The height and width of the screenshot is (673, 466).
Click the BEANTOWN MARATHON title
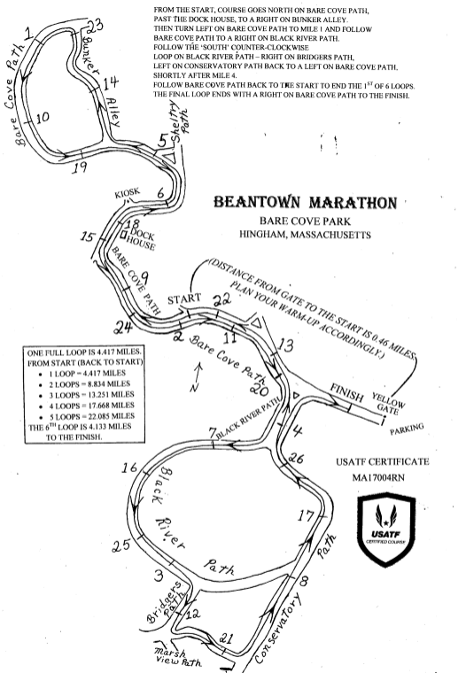tap(306, 202)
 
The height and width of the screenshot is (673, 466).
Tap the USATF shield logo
tap(386, 529)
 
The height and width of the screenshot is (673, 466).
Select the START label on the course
tap(184, 298)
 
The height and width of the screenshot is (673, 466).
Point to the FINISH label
tap(346, 392)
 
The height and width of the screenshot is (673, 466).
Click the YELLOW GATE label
tap(388, 404)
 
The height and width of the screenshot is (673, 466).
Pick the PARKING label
tap(407, 429)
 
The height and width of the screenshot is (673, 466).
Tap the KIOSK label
tap(127, 193)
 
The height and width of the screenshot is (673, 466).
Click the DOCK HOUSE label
tap(141, 240)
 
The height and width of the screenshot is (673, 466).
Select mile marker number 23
tap(96, 26)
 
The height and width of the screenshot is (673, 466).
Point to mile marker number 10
tap(43, 117)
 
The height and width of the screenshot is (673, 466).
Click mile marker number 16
tap(128, 468)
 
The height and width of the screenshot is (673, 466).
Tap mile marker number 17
tap(306, 515)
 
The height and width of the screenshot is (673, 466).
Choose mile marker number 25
tap(121, 545)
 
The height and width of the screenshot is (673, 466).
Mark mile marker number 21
tap(226, 638)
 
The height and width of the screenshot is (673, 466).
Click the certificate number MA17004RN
tap(378, 477)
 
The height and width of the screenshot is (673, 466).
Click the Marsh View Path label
tap(177, 657)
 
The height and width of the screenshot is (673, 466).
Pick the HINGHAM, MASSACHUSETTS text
tap(305, 235)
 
